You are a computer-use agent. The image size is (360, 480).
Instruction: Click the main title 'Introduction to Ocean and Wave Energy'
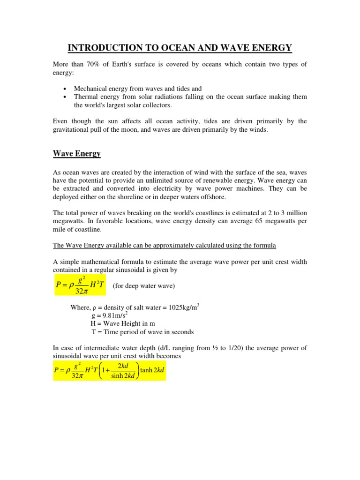pyautogui.click(x=180, y=48)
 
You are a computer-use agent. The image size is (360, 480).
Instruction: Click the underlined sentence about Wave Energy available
pyautogui.click(x=165, y=245)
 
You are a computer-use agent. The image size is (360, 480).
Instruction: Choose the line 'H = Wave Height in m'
pyautogui.click(x=123, y=323)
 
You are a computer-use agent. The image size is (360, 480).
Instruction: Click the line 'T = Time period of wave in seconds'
pyautogui.click(x=142, y=332)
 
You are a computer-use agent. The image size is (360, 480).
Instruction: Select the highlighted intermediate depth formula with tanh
pyautogui.click(x=109, y=367)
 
